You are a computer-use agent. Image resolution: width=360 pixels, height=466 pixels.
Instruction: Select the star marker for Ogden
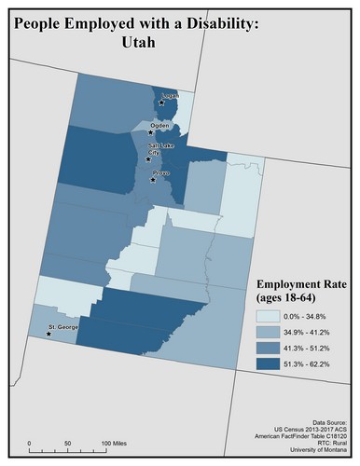coord(150,132)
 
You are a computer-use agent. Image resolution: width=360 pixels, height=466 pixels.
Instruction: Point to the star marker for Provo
coord(153,180)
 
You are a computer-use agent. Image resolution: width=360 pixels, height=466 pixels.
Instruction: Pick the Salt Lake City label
coord(158,151)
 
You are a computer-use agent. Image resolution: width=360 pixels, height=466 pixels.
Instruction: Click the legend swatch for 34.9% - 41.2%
coord(271,333)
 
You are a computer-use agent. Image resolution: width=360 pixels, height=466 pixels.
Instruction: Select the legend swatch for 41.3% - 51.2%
coord(271,350)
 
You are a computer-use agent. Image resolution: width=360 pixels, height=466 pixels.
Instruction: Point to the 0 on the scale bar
coord(30,443)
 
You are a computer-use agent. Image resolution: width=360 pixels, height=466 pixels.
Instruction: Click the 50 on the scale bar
coord(67,443)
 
